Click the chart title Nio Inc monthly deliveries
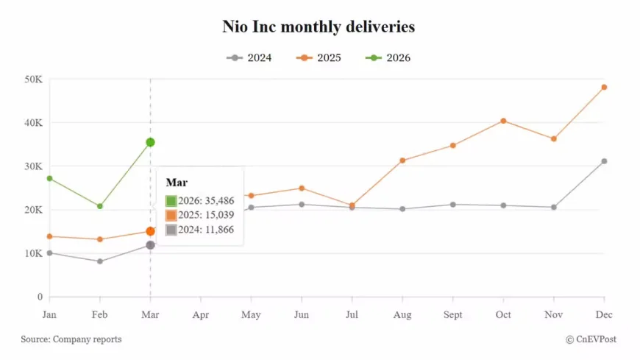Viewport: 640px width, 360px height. coord(319,27)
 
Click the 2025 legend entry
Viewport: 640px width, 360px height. coord(319,57)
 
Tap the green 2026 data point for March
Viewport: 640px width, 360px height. coord(150,142)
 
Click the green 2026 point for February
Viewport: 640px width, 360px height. coord(100,206)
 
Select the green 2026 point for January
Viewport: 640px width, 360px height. coord(49,178)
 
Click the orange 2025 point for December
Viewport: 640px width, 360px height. coord(604,87)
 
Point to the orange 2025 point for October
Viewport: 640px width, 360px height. coord(503,121)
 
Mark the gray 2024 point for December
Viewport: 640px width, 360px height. coord(604,161)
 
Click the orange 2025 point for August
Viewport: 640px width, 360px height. coord(402,160)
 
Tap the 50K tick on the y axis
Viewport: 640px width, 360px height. coord(32,79)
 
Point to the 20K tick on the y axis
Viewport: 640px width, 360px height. coord(32,210)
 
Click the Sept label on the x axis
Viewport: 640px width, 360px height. coord(452,315)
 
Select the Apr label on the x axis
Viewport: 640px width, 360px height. coord(201,315)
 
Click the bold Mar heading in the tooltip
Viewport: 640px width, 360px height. coord(176,182)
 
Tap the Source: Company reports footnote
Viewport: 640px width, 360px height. coord(71,339)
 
